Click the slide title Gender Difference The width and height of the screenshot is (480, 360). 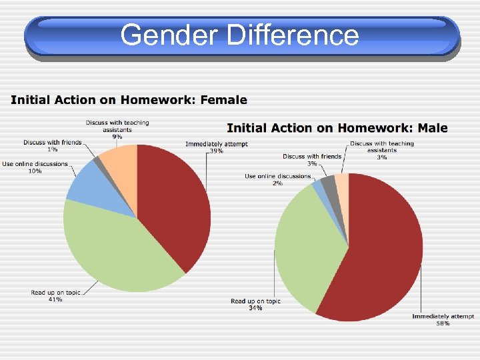(x=240, y=35)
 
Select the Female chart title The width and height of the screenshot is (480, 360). (x=129, y=101)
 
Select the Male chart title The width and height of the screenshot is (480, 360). (x=337, y=128)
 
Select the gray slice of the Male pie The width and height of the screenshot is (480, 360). (x=328, y=184)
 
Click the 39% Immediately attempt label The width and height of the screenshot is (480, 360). (x=217, y=147)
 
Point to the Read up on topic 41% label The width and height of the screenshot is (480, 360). (x=55, y=296)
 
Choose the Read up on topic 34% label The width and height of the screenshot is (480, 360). (x=255, y=304)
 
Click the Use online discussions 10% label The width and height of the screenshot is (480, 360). (x=35, y=167)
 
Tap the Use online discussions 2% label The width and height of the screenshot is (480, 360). (x=277, y=179)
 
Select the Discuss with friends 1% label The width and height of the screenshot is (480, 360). (x=52, y=145)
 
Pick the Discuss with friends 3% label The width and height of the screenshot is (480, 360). (x=312, y=159)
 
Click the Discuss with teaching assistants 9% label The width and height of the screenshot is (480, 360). (x=117, y=129)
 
